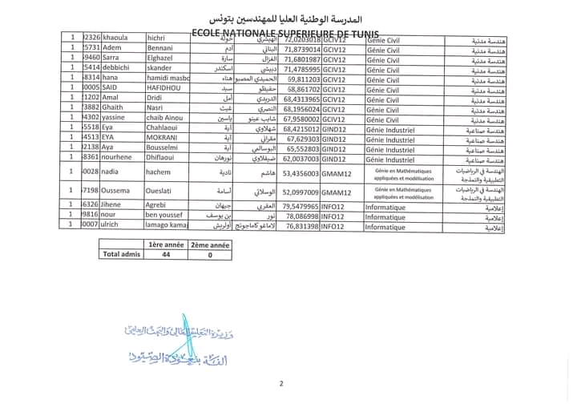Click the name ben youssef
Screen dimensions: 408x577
170,216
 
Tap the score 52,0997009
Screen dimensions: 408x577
301,192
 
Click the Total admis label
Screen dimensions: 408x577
121,254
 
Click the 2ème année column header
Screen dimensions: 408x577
209,244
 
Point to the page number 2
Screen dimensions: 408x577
281,383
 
